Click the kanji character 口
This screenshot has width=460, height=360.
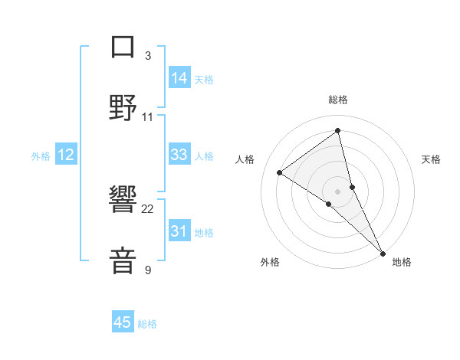pos(123,47)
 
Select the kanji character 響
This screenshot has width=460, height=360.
pos(123,201)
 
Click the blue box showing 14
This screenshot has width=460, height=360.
pos(179,78)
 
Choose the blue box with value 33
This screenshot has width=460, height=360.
pos(179,155)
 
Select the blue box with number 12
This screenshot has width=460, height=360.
pos(66,155)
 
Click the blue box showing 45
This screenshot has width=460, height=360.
pos(123,322)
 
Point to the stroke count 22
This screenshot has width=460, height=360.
pos(148,208)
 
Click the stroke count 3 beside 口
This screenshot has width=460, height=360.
pos(148,55)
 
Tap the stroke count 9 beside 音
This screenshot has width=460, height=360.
pos(148,270)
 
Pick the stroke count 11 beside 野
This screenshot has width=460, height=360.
pos(148,116)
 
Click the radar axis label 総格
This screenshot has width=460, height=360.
pos(338,100)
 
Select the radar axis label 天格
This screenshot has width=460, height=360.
pos(431,159)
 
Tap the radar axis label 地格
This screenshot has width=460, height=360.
pos(402,262)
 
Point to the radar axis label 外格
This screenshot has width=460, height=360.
pos(270,262)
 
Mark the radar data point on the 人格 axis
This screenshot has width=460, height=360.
pos(280,172)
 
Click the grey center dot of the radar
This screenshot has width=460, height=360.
pos(338,191)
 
